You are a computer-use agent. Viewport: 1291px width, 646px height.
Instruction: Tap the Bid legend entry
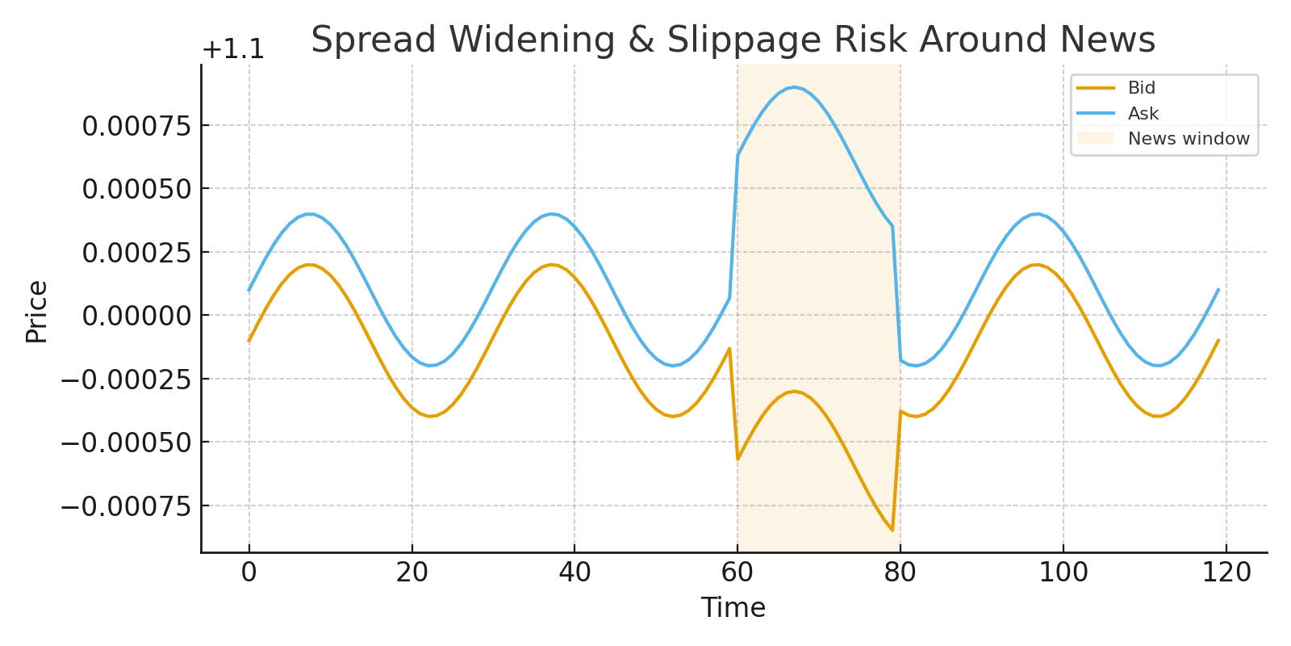click(x=1141, y=88)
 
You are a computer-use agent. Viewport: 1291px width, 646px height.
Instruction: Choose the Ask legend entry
click(x=1143, y=114)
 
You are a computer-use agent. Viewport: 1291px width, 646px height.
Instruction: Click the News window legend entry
click(x=1188, y=139)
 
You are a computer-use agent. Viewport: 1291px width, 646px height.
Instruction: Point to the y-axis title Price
click(x=37, y=312)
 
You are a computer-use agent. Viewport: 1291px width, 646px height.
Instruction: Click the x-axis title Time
click(x=733, y=607)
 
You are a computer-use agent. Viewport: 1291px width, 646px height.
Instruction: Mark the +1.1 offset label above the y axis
click(x=232, y=50)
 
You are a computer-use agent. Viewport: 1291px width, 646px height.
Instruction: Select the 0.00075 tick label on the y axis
click(x=136, y=126)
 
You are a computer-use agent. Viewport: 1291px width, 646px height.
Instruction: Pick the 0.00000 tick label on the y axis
click(x=136, y=316)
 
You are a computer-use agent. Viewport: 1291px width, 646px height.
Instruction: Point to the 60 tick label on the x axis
click(x=737, y=573)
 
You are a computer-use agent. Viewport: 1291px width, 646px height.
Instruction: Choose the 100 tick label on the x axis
click(x=1063, y=573)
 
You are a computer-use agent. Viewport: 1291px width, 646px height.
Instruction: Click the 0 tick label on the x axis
click(x=249, y=573)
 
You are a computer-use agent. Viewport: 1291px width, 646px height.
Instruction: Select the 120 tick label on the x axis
click(x=1226, y=573)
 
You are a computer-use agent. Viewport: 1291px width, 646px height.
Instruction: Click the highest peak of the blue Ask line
click(x=795, y=87)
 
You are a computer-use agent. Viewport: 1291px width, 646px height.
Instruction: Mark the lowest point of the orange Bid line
click(x=892, y=531)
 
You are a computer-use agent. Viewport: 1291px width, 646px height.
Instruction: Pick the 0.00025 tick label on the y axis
click(x=136, y=253)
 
